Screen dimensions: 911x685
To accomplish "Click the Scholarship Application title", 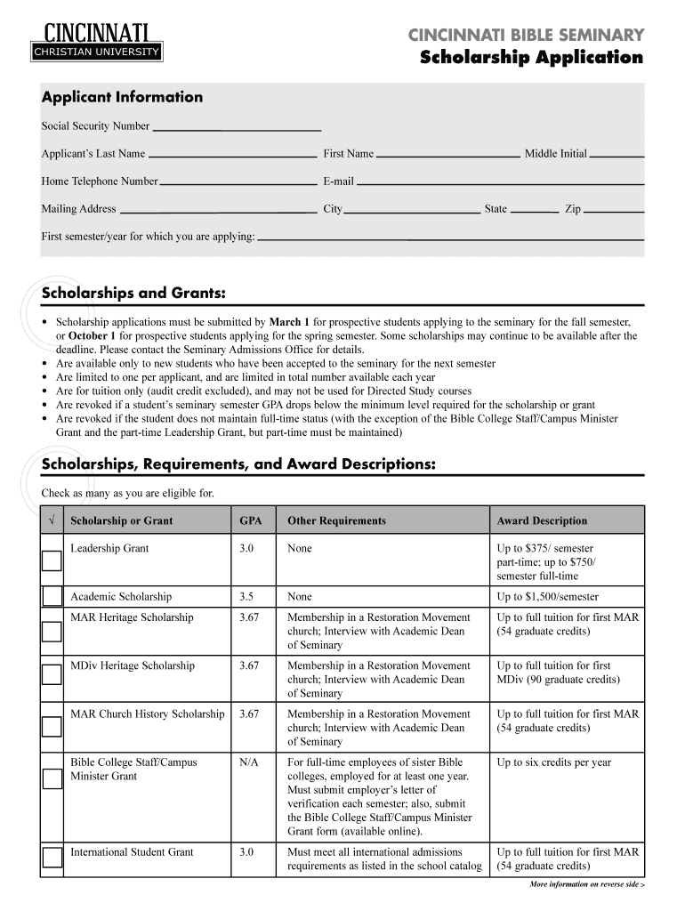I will tap(531, 58).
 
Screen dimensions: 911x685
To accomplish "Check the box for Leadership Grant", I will tap(52, 560).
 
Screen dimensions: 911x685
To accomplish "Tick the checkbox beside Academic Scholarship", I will tap(52, 596).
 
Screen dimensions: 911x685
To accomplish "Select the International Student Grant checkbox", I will tap(52, 859).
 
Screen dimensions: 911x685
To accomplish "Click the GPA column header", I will tap(250, 520).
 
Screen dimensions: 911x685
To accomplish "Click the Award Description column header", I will tap(542, 520).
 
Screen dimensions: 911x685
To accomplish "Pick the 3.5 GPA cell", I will tap(246, 597).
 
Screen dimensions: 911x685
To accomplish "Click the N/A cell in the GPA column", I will tap(249, 762).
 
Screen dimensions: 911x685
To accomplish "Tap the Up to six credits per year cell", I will tap(553, 762).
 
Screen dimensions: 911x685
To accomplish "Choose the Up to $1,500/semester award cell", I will tap(547, 597).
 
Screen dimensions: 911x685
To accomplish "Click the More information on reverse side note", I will tap(585, 885).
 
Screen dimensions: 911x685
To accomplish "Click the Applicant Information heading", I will tap(122, 98).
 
